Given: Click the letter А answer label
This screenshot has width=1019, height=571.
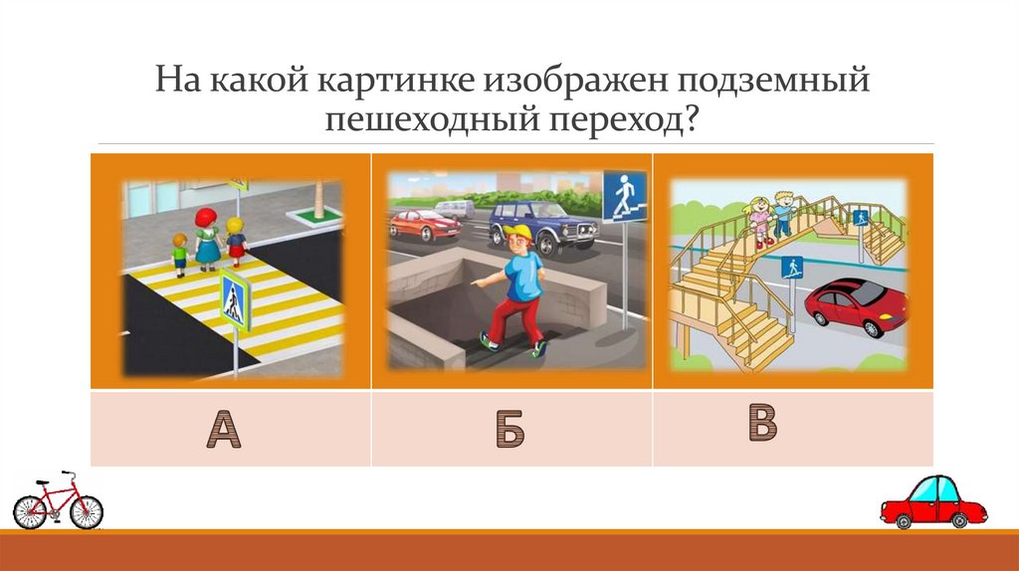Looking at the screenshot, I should (224, 430).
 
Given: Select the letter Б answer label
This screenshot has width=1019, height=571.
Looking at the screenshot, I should (509, 430).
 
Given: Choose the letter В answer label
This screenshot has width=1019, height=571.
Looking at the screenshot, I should (762, 423).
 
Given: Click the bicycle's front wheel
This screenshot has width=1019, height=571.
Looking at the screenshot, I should (87, 511).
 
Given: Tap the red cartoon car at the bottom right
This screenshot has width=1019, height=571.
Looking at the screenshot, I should (932, 501).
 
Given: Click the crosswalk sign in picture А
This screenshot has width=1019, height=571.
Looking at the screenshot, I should (235, 298).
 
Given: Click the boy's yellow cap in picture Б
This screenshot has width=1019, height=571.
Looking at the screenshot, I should (517, 235).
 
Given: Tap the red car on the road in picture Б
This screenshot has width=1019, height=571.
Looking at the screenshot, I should (425, 225).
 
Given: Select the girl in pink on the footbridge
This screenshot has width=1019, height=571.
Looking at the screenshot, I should (759, 220).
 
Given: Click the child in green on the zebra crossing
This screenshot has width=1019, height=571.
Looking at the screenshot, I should (180, 254).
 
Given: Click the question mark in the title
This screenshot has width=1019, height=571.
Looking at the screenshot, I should (689, 121).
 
